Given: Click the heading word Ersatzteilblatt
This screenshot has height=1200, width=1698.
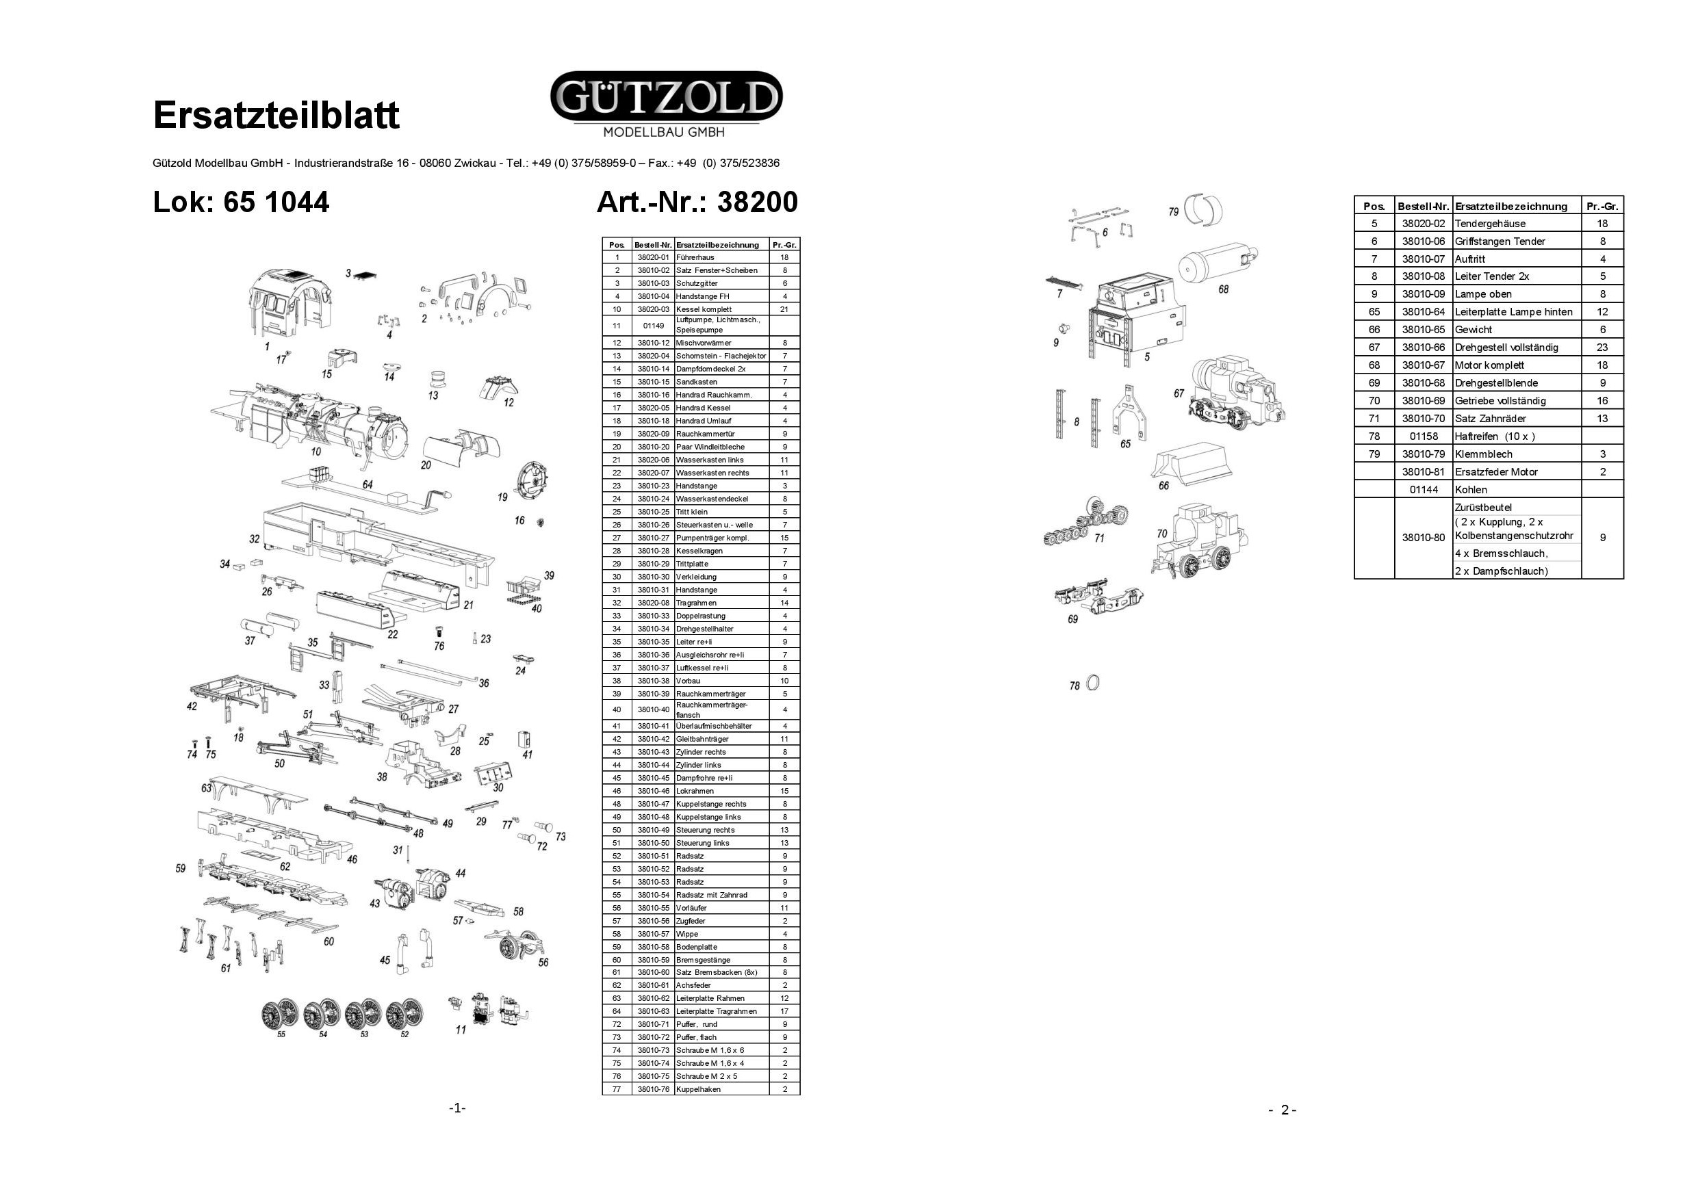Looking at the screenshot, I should (276, 116).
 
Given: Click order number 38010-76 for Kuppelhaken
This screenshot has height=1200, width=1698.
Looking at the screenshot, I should (653, 1089).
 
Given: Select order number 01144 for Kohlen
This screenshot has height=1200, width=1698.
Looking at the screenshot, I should (1423, 489).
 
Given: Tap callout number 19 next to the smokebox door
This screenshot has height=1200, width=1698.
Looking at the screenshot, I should (503, 497).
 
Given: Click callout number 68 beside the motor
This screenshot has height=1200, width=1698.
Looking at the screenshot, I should (1223, 289).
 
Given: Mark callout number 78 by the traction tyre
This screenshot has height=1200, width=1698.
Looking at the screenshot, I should (1075, 686).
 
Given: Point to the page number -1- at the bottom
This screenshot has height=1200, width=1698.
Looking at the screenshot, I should (457, 1108).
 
